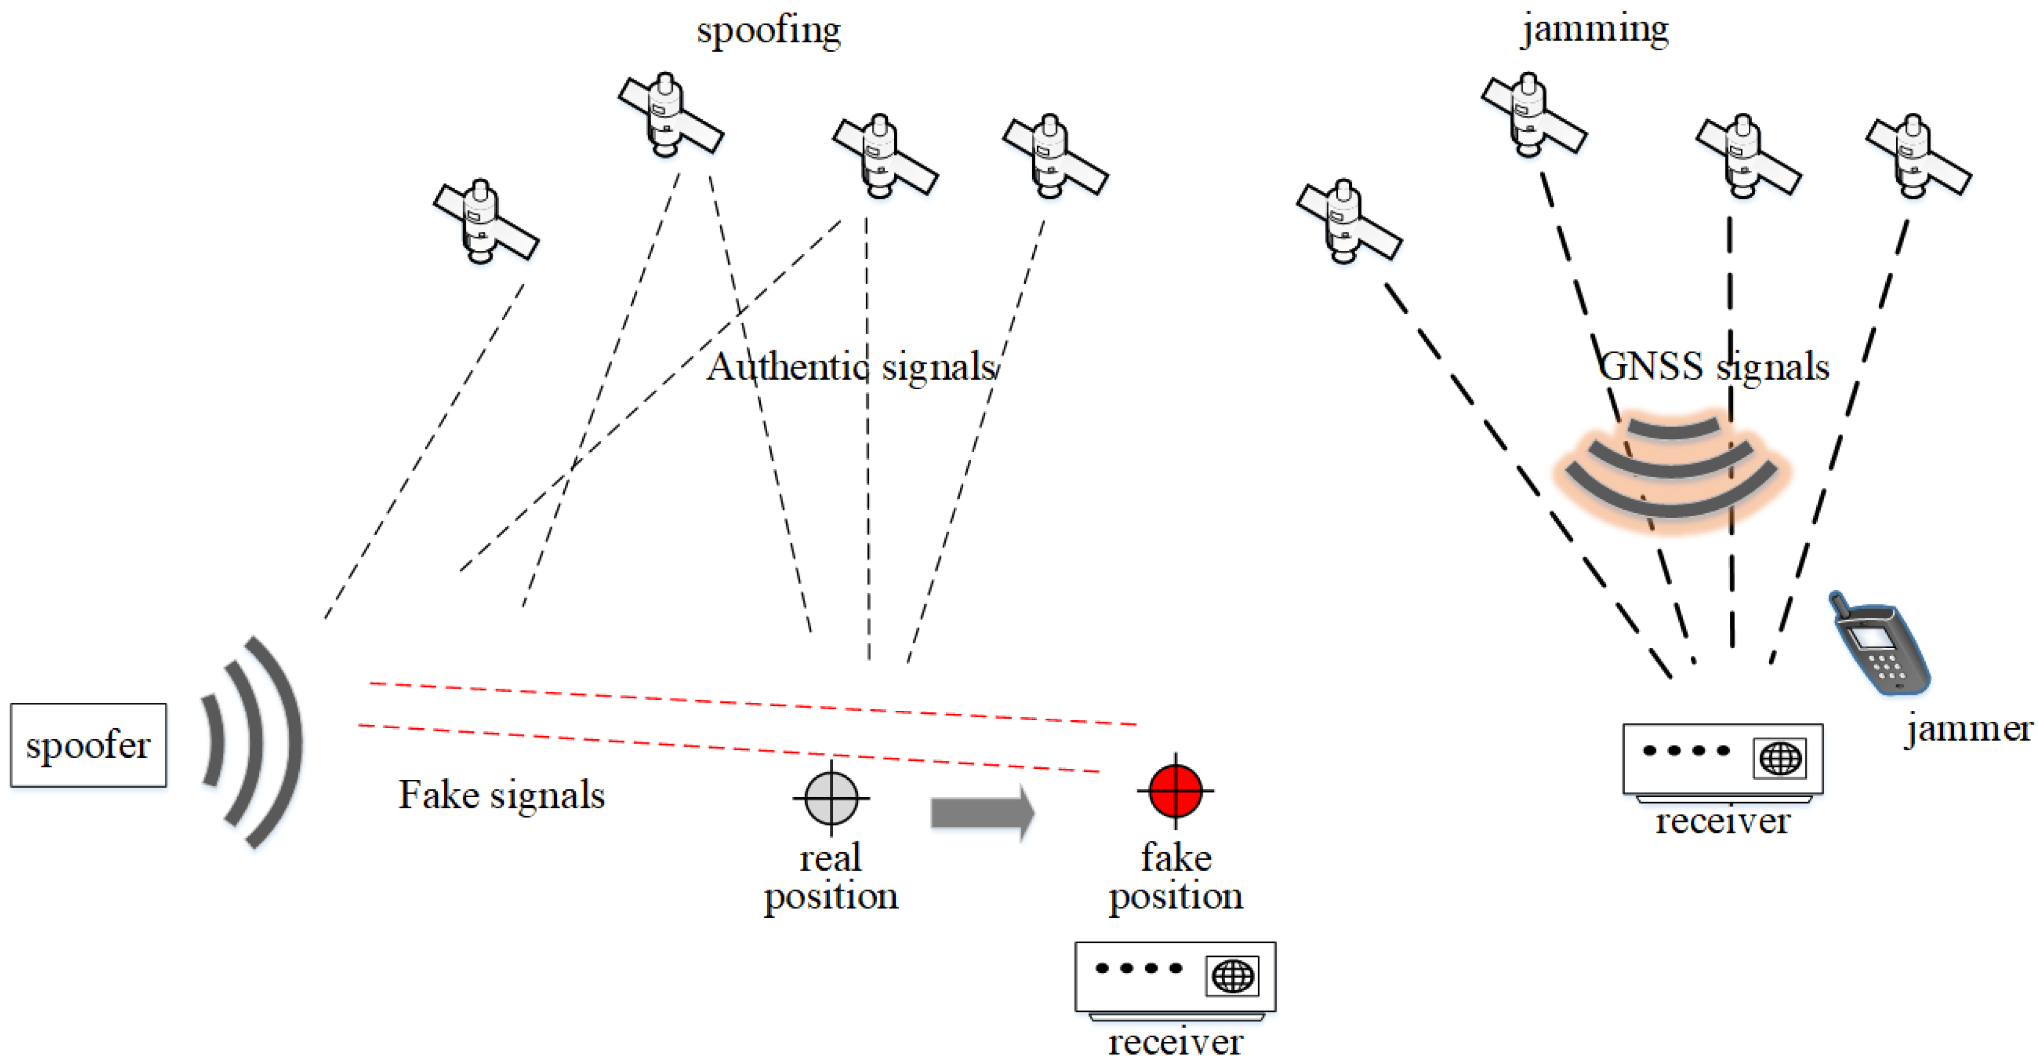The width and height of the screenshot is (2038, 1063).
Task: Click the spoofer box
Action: (x=88, y=745)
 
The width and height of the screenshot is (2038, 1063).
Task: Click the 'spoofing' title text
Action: (x=768, y=31)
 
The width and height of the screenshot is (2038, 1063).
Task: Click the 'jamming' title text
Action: (x=1594, y=30)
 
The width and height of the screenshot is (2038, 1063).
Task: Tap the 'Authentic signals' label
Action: (x=851, y=366)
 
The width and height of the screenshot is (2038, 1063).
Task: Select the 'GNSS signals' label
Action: (x=1713, y=366)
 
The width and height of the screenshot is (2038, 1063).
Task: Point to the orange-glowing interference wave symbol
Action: (x=1672, y=471)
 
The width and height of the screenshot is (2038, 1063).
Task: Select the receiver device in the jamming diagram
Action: (x=1722, y=759)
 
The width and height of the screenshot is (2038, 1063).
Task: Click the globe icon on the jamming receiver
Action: (x=1780, y=758)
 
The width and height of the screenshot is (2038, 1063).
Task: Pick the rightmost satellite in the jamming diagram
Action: (x=1918, y=157)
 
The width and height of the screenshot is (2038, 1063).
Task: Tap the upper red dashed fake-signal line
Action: (x=751, y=703)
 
